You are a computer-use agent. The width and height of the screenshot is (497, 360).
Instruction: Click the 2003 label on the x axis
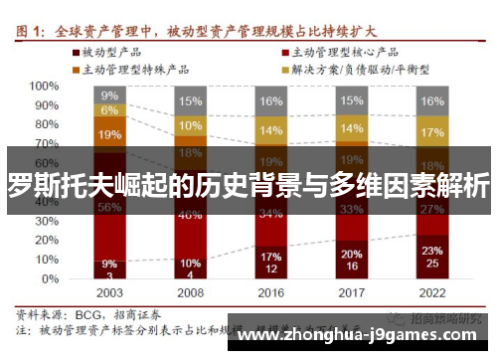109,293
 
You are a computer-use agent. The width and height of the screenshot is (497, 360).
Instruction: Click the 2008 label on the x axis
190,293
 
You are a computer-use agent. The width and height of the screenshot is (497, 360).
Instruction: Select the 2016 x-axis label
270,293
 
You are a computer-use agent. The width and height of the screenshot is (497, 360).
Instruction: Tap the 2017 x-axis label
350,293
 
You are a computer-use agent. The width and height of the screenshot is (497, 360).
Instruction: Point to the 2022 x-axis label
430,293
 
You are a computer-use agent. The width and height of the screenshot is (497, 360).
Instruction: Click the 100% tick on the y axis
44,86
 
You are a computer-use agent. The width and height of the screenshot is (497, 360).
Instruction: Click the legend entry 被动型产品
107,51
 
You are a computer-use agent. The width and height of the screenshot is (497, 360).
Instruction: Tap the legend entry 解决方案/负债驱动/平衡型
353,69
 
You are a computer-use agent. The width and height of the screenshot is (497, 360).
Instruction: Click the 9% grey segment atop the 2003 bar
109,95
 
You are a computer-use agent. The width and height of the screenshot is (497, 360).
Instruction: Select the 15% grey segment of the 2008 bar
190,100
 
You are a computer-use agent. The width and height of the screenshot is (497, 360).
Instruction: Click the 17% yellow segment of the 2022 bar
431,132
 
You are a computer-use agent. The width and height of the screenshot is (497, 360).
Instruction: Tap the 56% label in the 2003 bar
109,207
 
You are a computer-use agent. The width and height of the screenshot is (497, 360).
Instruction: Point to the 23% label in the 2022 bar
431,250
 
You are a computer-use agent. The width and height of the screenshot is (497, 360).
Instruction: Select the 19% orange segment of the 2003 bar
109,134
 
